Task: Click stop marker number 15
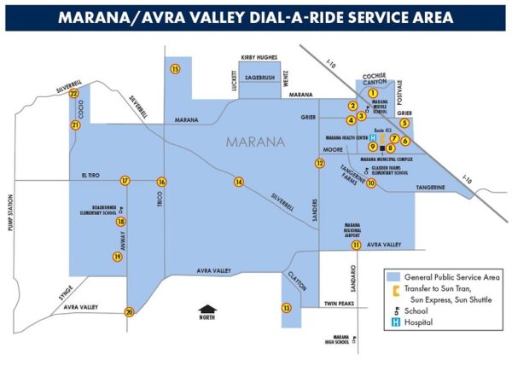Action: pyautogui.click(x=175, y=68)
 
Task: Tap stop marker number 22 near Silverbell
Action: pyautogui.click(x=74, y=94)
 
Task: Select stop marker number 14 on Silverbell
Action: pyautogui.click(x=239, y=182)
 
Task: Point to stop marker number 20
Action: pyautogui.click(x=129, y=312)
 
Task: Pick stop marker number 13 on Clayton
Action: pyautogui.click(x=287, y=308)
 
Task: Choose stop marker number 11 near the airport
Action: pyautogui.click(x=355, y=246)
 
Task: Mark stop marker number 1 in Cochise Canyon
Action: pyautogui.click(x=373, y=92)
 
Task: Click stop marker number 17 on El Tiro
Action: pyautogui.click(x=125, y=181)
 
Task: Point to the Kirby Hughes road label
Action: pyautogui.click(x=259, y=57)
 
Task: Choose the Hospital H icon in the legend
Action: pyautogui.click(x=394, y=322)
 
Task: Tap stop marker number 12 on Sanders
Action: pyautogui.click(x=319, y=163)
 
